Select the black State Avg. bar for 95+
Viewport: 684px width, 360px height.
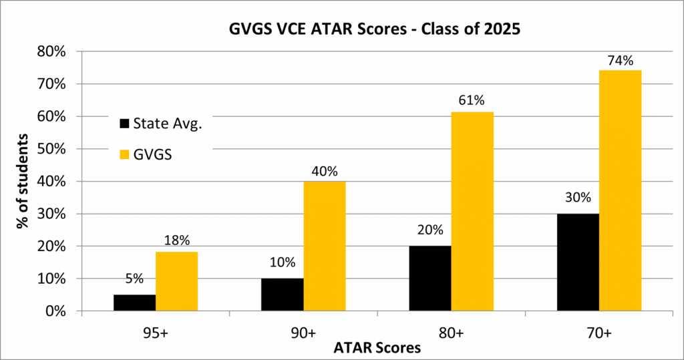tap(134, 303)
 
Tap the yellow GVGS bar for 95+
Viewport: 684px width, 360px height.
tap(176, 281)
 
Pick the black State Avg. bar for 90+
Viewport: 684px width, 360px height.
tap(282, 295)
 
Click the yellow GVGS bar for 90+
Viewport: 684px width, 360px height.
tap(325, 246)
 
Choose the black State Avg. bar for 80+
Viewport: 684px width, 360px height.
tap(430, 279)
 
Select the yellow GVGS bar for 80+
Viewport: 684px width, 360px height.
tap(472, 211)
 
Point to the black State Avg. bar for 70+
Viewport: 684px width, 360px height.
tap(578, 262)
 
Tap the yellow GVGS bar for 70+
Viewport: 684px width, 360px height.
tap(620, 190)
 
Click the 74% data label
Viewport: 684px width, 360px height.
tap(620, 60)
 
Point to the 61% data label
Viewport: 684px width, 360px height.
tap(472, 102)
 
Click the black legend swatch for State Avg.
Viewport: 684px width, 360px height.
tap(124, 124)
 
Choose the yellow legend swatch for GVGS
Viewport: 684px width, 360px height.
tap(124, 155)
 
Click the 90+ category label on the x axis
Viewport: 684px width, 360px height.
tap(303, 332)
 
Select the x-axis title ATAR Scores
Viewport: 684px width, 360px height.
tap(377, 347)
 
